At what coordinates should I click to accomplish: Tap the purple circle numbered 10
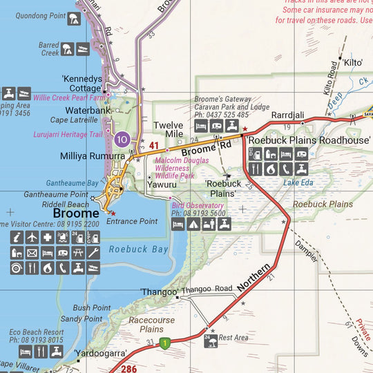(x=122, y=140)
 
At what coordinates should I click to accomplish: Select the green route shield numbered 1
(x=164, y=343)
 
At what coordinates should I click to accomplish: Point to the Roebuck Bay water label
(x=139, y=249)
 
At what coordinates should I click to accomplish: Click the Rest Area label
(x=233, y=338)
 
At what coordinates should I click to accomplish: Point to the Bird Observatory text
(x=197, y=205)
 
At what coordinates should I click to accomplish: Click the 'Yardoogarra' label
(x=100, y=353)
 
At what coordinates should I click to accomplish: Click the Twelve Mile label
(x=168, y=130)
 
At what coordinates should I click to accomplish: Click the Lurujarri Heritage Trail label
(x=67, y=135)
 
